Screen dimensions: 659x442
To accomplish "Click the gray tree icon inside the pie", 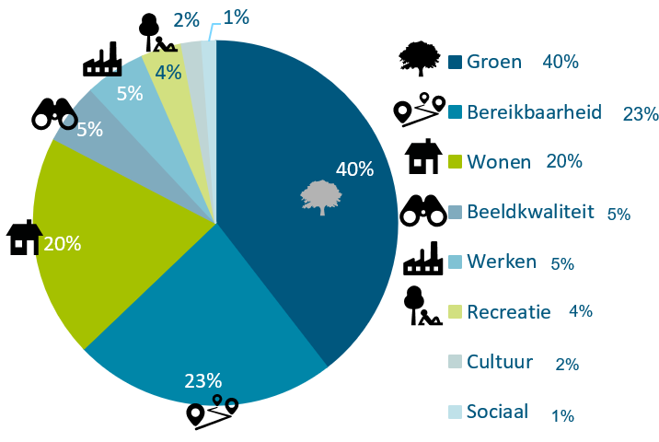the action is [321, 198].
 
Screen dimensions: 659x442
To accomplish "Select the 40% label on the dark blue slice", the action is [354, 169].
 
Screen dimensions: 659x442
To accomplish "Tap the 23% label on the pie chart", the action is [203, 381].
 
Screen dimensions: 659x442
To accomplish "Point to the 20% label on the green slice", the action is [63, 244].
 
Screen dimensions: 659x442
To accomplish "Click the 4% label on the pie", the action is [168, 73].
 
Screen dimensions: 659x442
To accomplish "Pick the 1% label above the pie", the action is [237, 17].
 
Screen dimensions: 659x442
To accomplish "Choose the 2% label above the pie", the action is [186, 19].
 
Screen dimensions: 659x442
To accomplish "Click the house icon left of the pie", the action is [24, 238].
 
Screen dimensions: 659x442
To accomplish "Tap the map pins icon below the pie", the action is [213, 412].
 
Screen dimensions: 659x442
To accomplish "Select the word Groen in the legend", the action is [494, 62].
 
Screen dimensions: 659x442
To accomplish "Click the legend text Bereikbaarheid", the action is [534, 112].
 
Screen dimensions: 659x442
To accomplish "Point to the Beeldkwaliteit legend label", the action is [531, 212].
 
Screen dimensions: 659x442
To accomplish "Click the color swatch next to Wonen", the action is [456, 162].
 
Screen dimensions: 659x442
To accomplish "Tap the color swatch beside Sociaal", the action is [456, 413].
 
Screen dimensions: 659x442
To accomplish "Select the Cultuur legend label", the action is [500, 362].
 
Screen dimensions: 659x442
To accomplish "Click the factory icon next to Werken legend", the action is [422, 258].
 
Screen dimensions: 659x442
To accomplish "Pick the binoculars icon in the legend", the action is [423, 210].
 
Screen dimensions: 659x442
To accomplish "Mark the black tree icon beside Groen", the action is [420, 58].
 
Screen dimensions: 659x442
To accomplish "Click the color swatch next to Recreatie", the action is [456, 311].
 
